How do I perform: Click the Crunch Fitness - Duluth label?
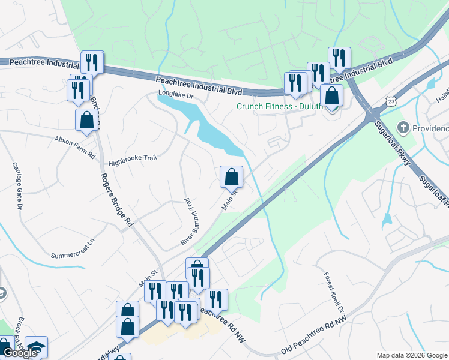point(273,106)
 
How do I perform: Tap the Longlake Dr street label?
point(176,95)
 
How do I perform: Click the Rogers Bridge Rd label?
point(116,200)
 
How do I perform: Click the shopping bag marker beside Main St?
point(232,177)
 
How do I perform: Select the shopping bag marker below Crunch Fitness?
point(331,95)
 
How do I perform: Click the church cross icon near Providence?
point(403,128)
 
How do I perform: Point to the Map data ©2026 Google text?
point(412,355)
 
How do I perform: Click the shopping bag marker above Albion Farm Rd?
point(87,120)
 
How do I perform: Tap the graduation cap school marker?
point(36,347)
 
